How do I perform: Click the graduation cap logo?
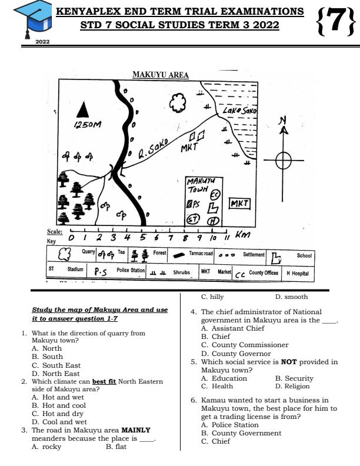tap(31, 20)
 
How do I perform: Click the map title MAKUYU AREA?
tap(160, 75)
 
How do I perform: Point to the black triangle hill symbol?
tap(85, 110)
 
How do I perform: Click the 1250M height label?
tap(88, 125)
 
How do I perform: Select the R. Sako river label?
tap(154, 150)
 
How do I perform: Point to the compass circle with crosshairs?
tap(284, 160)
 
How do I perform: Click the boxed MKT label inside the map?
tap(239, 204)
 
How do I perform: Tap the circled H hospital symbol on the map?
tap(213, 221)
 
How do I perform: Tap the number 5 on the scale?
tap(142, 238)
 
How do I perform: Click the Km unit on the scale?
tap(242, 235)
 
